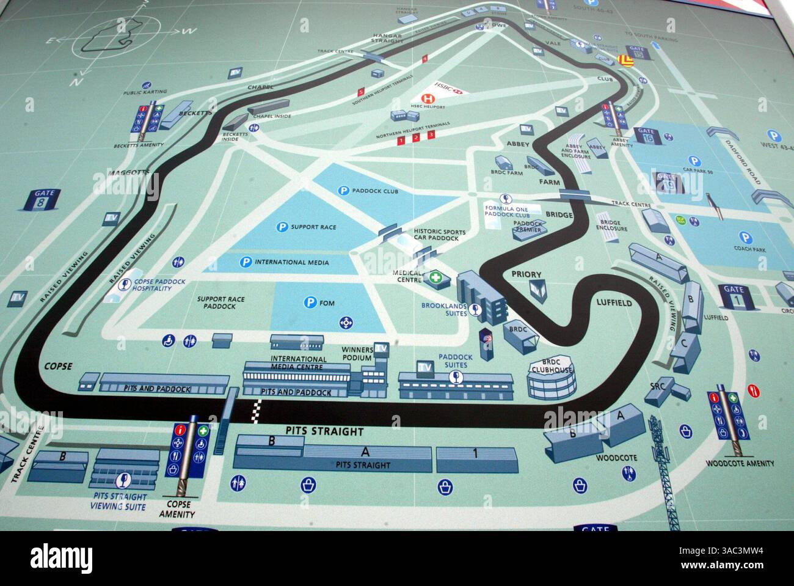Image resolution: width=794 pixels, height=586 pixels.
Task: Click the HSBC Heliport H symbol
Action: point(428,97)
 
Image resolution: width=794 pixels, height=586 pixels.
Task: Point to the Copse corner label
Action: point(59,367)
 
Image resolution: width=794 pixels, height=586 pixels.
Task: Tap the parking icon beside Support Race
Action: point(282,227)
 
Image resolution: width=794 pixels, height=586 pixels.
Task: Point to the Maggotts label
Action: point(129,173)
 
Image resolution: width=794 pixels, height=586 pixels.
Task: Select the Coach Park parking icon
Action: point(745,238)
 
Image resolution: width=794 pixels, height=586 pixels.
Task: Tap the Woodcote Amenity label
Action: point(740,464)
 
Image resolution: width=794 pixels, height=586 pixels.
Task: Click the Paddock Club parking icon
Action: point(344,191)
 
